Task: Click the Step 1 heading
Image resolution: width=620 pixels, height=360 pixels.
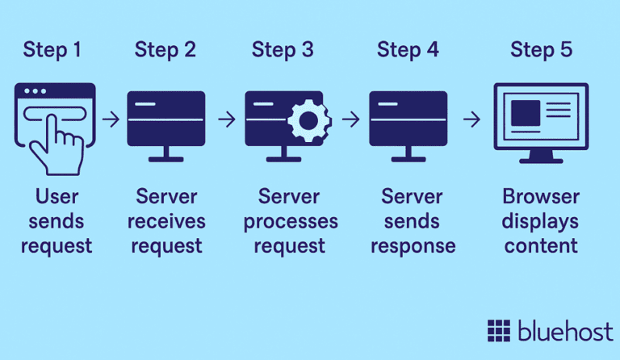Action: (52, 50)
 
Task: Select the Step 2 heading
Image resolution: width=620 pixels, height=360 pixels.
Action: (165, 50)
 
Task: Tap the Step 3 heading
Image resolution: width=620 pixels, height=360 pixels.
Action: (283, 50)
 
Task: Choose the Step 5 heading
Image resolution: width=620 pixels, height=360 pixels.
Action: (541, 50)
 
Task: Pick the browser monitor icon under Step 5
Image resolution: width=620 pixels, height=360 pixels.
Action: (541, 121)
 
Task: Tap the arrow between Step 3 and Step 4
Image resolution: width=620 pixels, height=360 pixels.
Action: (350, 119)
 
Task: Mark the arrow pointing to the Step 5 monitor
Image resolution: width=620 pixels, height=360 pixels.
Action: (471, 119)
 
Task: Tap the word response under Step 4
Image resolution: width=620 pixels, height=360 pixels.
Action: (413, 245)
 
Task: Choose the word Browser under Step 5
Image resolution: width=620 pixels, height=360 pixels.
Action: (541, 196)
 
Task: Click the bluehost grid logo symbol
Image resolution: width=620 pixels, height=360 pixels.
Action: (499, 331)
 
